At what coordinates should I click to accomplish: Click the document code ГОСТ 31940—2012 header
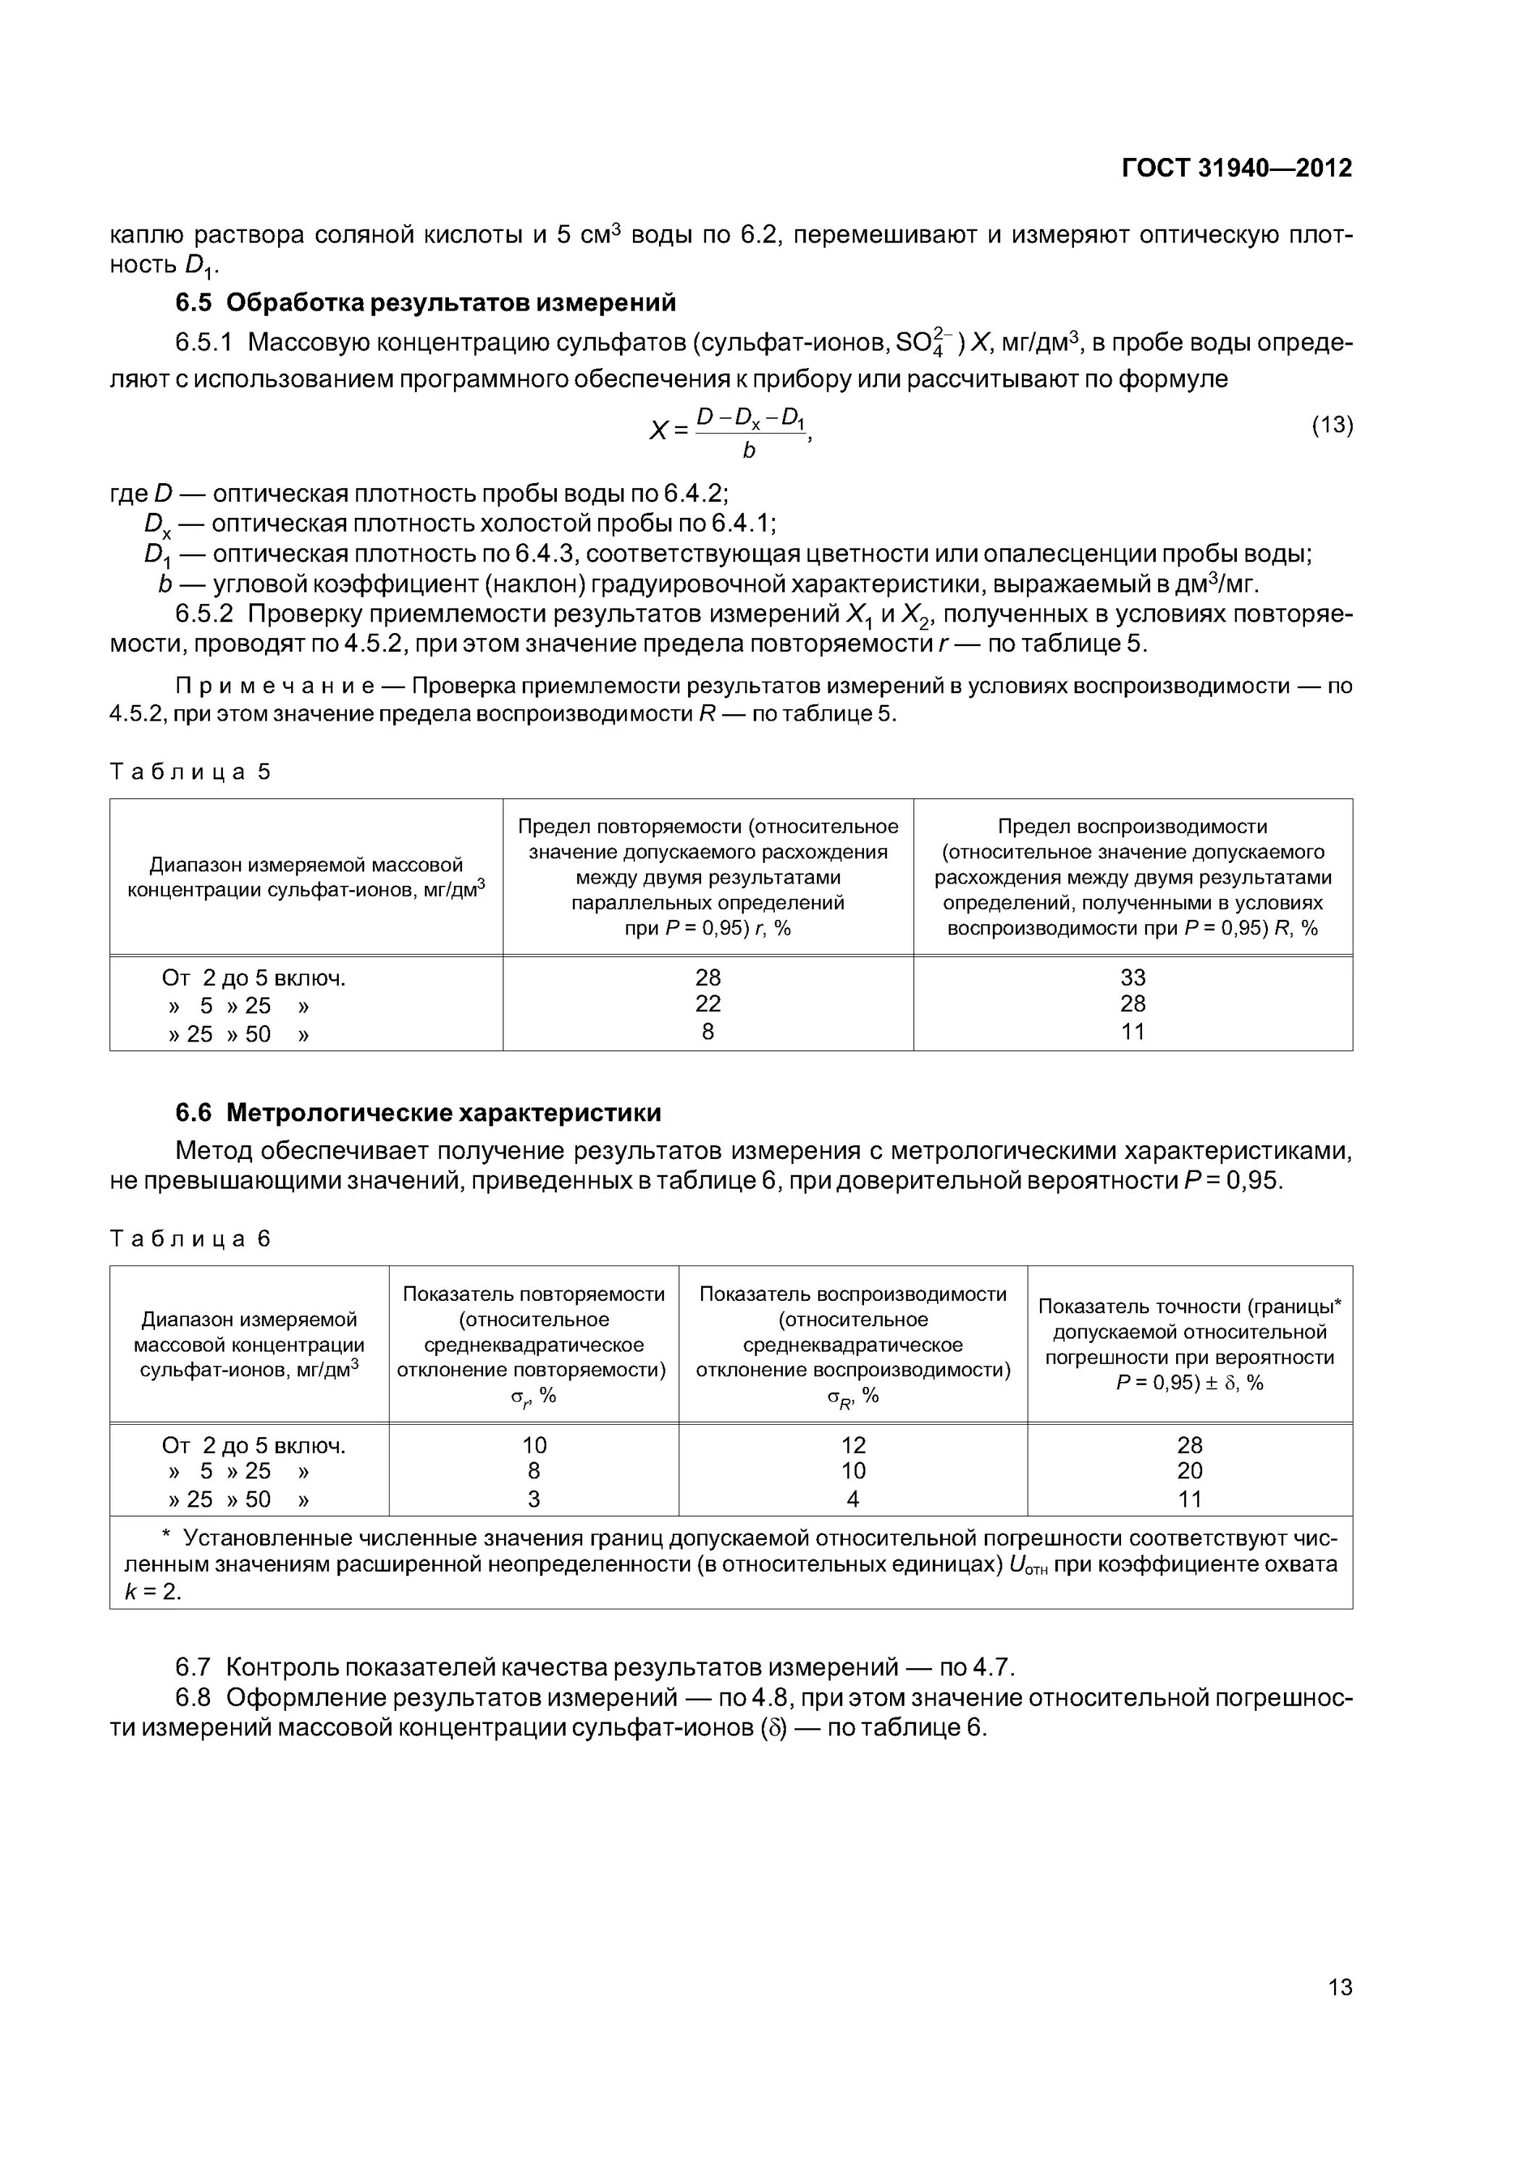coord(1236,169)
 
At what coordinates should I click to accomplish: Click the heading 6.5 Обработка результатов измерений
coord(426,303)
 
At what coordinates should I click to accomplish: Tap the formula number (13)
coord(1332,425)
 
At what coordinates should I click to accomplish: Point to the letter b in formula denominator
coord(749,451)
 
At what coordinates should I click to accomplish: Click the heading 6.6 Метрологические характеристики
coord(419,1112)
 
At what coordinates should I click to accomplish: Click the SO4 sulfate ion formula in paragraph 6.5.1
coord(926,343)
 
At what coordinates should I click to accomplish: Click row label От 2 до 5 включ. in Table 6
coord(253,1445)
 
